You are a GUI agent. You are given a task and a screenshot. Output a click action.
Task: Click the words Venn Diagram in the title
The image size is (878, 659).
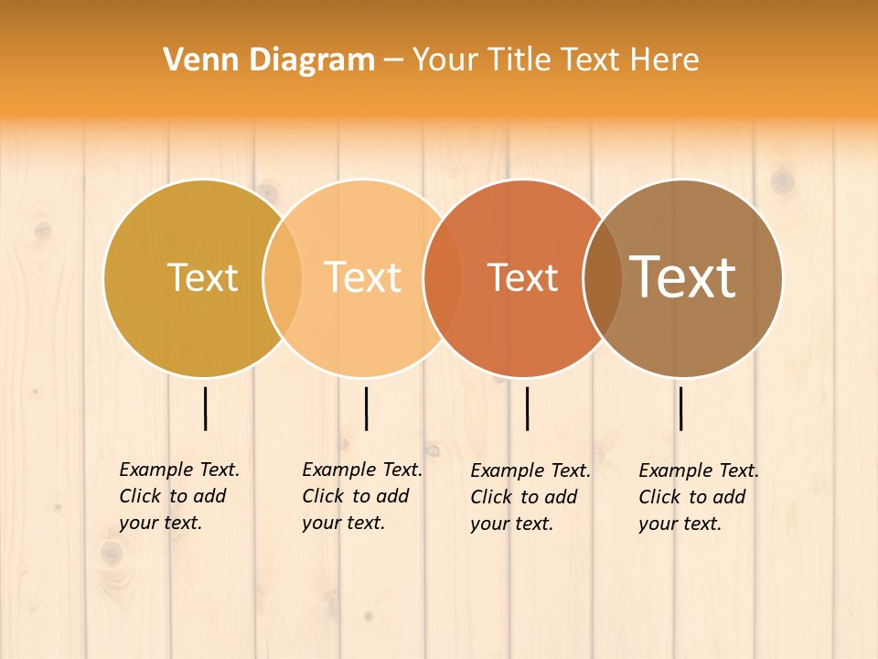click(269, 60)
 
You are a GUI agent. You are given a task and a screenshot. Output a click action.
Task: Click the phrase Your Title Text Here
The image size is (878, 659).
click(555, 60)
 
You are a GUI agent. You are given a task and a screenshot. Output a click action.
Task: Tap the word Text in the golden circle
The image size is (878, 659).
click(202, 277)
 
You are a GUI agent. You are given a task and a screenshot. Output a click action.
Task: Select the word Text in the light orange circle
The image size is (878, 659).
click(363, 277)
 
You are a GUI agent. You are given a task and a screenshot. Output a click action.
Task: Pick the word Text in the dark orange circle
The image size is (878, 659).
click(523, 278)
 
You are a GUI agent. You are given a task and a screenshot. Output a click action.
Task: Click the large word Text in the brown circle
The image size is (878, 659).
click(683, 276)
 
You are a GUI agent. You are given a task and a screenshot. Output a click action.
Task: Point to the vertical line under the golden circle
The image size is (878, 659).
click(205, 408)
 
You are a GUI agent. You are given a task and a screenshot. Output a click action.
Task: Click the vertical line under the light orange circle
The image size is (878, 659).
click(366, 408)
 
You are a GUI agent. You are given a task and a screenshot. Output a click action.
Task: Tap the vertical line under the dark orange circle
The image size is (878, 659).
click(527, 408)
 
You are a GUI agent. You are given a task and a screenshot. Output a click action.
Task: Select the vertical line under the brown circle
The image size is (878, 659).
click(681, 408)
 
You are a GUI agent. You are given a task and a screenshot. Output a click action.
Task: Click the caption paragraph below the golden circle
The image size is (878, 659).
click(179, 496)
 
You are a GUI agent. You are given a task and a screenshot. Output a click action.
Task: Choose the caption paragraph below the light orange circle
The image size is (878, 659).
click(362, 496)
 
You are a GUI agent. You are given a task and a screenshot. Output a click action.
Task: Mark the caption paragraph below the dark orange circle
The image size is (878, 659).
click(530, 497)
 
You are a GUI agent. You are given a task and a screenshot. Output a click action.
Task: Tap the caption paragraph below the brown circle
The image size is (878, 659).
click(699, 497)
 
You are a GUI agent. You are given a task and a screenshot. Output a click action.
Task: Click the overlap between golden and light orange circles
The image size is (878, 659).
click(283, 278)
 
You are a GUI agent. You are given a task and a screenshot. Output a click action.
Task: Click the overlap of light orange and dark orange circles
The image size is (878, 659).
click(443, 278)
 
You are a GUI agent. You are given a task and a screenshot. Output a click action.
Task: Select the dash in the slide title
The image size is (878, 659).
click(393, 61)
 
